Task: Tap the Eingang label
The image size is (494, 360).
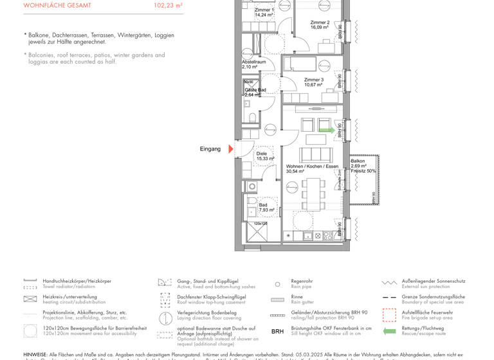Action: pos(210,149)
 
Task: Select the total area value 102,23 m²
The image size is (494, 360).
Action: pos(168,5)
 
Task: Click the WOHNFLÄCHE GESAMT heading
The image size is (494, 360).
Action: pos(57,5)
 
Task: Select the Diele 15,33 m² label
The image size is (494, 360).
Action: pos(265,156)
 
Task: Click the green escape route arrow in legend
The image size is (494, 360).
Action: pos(389,331)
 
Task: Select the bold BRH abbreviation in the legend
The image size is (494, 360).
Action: pos(277,331)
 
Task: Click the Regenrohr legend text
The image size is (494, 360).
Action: pos(302,281)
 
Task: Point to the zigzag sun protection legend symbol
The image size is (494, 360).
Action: pos(389,282)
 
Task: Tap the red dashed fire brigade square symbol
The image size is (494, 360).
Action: pos(389,315)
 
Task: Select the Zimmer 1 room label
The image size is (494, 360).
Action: pos(264,11)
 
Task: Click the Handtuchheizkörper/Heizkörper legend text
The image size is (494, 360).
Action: pos(77,281)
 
